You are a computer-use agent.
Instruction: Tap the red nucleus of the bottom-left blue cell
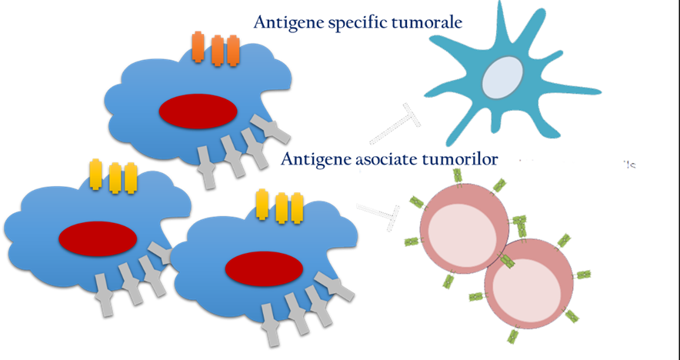(x=98, y=238)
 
